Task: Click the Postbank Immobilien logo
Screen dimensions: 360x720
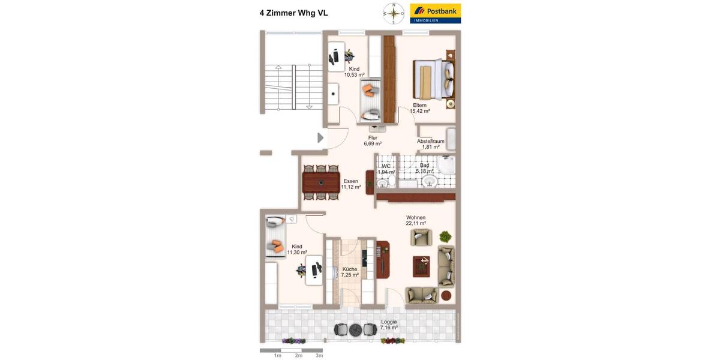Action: click(435, 13)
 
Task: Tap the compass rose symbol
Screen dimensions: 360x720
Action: click(394, 13)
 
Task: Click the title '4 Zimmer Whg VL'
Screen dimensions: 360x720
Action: click(293, 13)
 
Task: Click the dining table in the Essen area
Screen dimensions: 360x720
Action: click(320, 182)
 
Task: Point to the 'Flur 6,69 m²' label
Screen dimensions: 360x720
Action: click(373, 140)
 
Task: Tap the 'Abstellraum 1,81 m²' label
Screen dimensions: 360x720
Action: click(430, 144)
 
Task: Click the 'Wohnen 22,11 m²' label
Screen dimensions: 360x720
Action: click(416, 220)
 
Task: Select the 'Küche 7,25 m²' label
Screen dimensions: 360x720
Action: click(350, 272)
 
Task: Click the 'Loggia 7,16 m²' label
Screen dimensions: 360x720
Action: click(389, 325)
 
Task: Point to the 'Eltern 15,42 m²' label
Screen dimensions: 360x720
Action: click(419, 108)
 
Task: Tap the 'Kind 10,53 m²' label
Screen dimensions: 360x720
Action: click(354, 72)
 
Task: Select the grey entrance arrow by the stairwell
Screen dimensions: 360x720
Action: click(320, 138)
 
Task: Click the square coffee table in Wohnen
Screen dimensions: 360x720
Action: click(421, 266)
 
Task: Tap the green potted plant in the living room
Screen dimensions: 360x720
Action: click(445, 236)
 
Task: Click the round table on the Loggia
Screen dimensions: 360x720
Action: click(355, 329)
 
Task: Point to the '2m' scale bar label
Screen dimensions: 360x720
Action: click(298, 356)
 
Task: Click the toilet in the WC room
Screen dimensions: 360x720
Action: click(382, 182)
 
